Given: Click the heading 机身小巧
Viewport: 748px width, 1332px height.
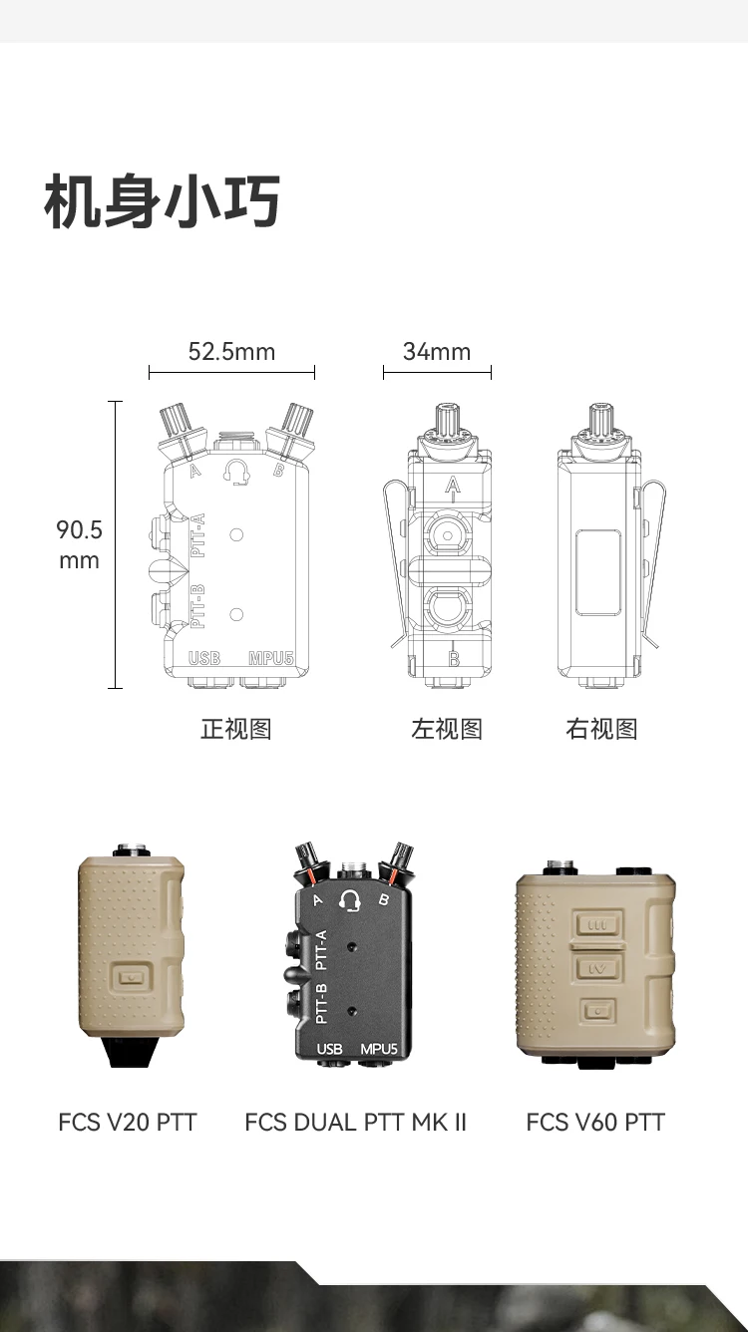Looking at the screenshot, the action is pos(162,201).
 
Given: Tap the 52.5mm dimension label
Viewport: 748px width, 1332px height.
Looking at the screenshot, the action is pos(231,351).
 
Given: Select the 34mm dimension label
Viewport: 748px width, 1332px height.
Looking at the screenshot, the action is pos(437,351).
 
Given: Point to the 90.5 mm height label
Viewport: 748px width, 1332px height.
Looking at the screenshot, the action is pos(79,544).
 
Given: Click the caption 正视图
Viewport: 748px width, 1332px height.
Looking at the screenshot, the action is pos(236,729).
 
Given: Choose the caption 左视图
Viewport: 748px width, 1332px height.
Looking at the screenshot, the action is pos(447,729).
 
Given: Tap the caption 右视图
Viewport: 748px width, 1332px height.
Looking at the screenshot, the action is pos(601,729).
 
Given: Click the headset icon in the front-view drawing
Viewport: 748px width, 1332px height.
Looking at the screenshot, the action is pos(235,472).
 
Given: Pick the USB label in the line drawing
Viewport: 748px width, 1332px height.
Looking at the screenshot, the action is pos(204,658).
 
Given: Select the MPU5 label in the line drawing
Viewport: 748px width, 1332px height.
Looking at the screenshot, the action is pos(271,658).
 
